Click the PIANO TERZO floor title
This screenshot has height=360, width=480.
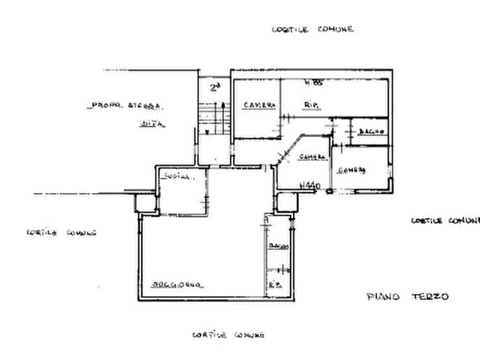pyautogui.click(x=406, y=296)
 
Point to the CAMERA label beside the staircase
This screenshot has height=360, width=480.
pyautogui.click(x=259, y=104)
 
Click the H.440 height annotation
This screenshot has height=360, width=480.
pyautogui.click(x=310, y=186)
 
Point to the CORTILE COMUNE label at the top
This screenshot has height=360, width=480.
pyautogui.click(x=310, y=30)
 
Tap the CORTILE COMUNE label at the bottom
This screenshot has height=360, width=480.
pyautogui.click(x=228, y=334)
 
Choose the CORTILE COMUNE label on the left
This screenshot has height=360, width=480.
pyautogui.click(x=60, y=234)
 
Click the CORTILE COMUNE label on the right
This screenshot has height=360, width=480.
pyautogui.click(x=443, y=221)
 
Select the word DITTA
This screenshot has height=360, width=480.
pyautogui.click(x=152, y=125)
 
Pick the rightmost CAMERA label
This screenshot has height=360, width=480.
pyautogui.click(x=352, y=170)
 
